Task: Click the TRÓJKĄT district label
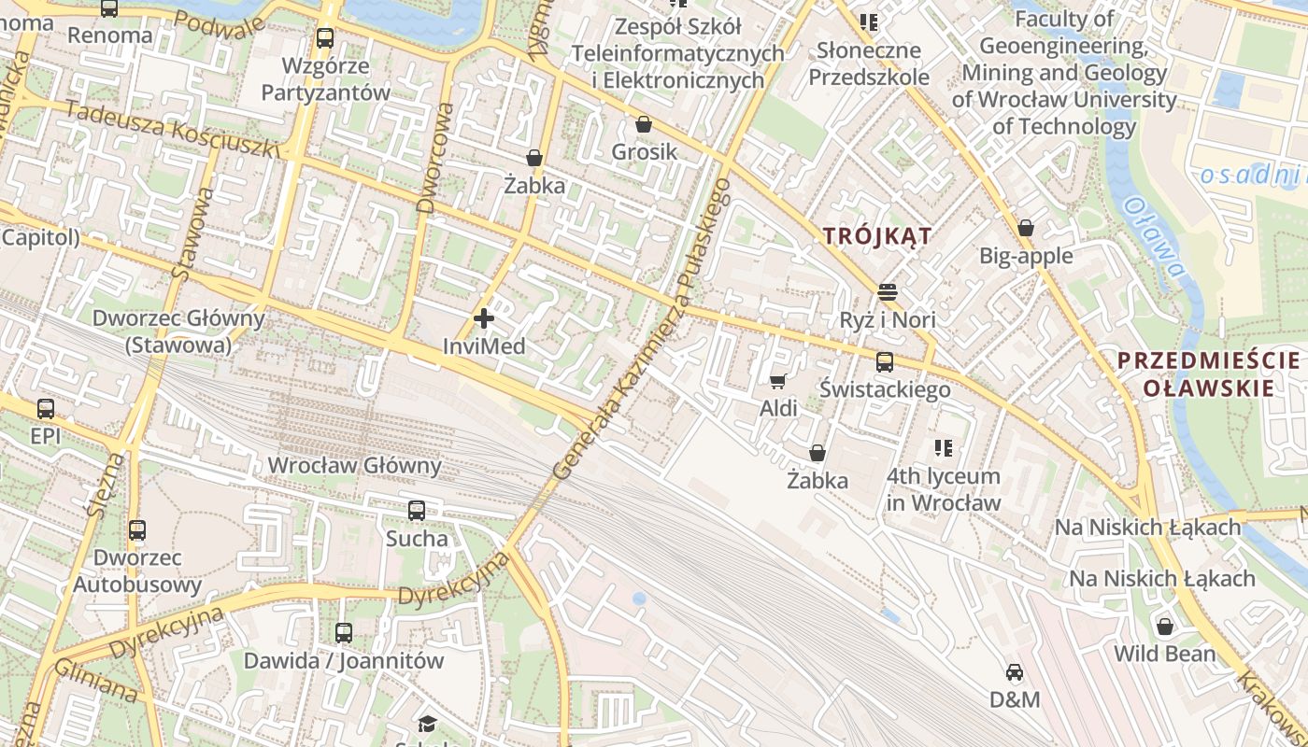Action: click(x=877, y=236)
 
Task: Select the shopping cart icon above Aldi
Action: click(x=777, y=381)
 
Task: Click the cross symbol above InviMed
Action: click(x=484, y=319)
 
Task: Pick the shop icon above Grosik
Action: click(x=644, y=124)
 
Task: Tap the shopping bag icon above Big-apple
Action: click(x=1025, y=228)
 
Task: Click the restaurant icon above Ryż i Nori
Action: click(x=887, y=292)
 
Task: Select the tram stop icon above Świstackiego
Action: click(x=884, y=362)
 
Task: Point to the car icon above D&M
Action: click(x=1015, y=671)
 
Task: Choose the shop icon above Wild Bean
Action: click(x=1164, y=626)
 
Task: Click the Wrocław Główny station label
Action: click(x=354, y=465)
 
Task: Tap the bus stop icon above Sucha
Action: click(x=417, y=511)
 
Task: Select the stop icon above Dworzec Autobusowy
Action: click(x=137, y=530)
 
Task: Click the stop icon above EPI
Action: click(x=45, y=408)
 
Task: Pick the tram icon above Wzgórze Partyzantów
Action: click(x=325, y=38)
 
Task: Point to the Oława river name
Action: click(x=1156, y=237)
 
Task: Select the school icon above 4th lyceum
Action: click(x=944, y=448)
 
